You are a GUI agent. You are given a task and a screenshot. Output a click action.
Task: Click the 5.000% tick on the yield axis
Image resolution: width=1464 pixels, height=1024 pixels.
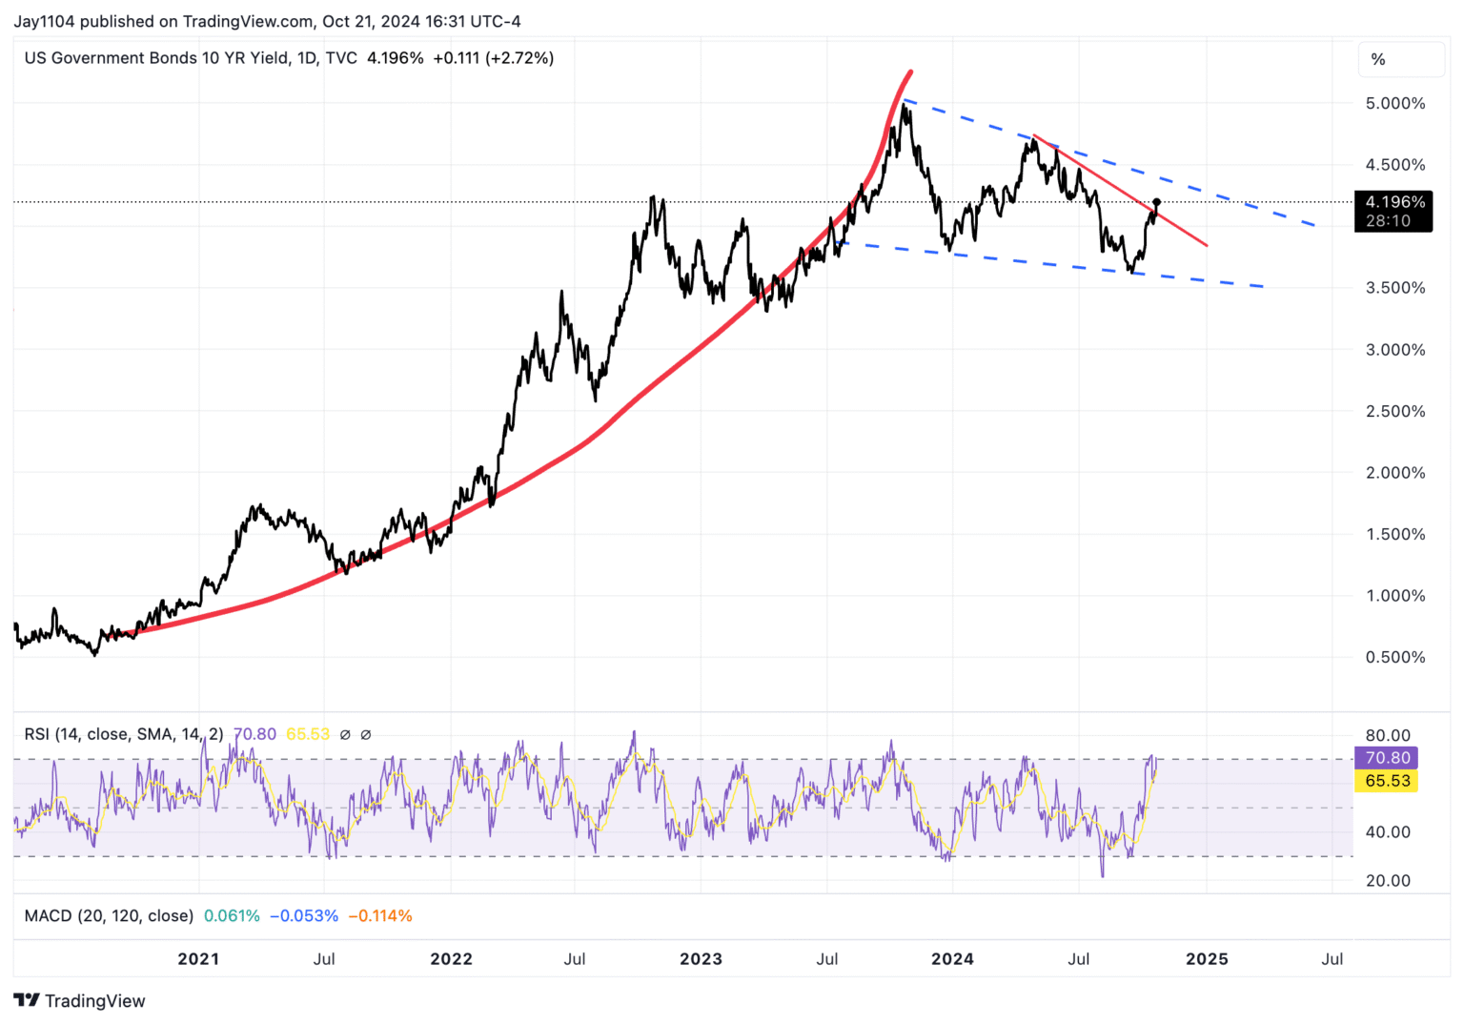click(x=1394, y=103)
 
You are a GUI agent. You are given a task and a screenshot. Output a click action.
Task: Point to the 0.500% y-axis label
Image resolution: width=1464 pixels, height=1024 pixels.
click(x=1394, y=657)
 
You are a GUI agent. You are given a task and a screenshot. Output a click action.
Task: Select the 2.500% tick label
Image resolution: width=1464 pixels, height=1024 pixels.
click(x=1394, y=411)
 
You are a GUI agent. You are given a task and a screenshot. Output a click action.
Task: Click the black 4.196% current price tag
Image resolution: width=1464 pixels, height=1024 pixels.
click(x=1393, y=202)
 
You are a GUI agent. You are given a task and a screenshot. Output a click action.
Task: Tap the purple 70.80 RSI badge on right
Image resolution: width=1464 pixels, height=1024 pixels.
click(x=1387, y=758)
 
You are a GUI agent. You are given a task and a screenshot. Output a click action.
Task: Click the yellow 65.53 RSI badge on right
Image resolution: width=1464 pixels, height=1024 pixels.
click(x=1387, y=781)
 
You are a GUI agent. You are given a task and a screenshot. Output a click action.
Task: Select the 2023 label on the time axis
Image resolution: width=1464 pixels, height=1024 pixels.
click(x=701, y=959)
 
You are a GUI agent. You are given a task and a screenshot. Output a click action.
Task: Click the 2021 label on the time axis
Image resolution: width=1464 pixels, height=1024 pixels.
click(x=198, y=959)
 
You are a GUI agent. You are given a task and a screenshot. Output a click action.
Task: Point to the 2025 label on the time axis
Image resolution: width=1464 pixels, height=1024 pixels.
click(x=1206, y=959)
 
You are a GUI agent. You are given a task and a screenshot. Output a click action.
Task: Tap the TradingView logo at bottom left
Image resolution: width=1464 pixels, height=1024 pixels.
click(x=80, y=1000)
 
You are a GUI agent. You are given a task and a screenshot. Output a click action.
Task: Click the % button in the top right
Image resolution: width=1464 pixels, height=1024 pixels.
click(x=1378, y=59)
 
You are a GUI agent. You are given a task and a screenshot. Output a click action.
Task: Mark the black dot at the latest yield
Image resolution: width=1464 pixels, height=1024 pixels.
click(x=1157, y=202)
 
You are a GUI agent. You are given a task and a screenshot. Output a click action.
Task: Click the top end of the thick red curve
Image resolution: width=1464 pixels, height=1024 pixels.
click(x=911, y=72)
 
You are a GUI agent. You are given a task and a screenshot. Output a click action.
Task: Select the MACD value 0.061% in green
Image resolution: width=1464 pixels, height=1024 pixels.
click(x=232, y=916)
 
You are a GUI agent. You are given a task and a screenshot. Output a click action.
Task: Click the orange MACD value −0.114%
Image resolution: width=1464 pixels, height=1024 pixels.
click(x=380, y=916)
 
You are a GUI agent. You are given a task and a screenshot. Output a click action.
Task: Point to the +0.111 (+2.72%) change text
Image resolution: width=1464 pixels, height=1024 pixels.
click(x=493, y=58)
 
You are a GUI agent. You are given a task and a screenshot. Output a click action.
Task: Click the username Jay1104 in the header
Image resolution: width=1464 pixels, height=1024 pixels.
click(x=44, y=21)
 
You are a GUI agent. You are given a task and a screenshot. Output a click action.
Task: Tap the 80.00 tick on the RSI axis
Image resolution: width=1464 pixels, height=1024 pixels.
click(x=1388, y=735)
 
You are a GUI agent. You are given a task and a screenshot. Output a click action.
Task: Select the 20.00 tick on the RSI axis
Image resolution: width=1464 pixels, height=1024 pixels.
click(x=1388, y=880)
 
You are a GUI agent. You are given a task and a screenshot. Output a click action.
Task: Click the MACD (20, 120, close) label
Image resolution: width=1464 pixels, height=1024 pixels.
click(x=109, y=916)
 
